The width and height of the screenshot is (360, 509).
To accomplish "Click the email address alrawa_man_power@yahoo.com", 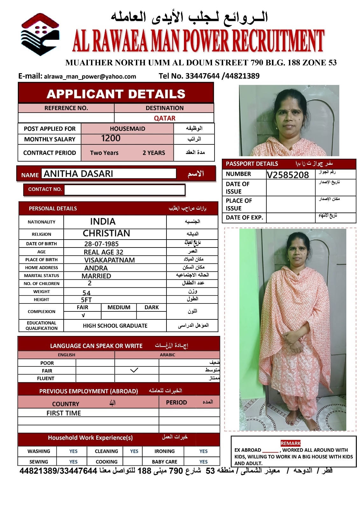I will (90, 76).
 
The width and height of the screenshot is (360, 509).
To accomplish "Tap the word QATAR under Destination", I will (165, 118).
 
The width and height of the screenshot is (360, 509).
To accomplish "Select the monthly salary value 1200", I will (111, 138).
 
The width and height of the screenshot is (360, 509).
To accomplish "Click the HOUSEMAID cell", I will (127, 129).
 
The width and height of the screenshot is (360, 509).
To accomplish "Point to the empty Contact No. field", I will (124, 189).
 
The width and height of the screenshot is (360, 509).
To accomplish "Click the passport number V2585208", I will (288, 175).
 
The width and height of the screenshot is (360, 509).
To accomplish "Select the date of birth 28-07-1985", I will (102, 244).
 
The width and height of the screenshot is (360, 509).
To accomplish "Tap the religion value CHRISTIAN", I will (106, 233).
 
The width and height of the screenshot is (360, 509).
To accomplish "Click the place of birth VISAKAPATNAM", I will (109, 260).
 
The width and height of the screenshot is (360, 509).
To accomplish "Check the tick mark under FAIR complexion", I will (83, 315).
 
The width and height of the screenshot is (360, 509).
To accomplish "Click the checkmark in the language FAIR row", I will (134, 370).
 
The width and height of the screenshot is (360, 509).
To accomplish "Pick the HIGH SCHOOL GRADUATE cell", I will (115, 325).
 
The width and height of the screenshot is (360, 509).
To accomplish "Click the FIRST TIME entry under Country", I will (64, 413).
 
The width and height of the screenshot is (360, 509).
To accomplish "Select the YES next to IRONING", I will (203, 451).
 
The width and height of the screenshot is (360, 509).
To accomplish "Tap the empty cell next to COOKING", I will (132, 462).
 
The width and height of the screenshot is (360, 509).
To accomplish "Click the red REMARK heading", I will (291, 443).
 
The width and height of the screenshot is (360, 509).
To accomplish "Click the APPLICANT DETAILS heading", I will (116, 94).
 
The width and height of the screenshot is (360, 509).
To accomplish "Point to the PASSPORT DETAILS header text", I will (252, 164).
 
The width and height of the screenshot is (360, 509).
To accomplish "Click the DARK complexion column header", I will (152, 307).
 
